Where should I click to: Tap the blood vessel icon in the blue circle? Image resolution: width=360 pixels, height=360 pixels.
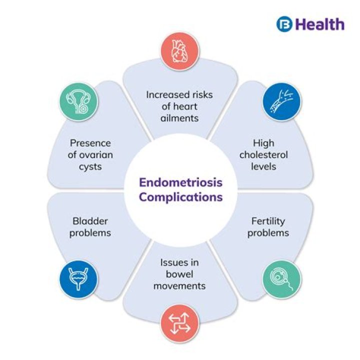pyautogui.click(x=282, y=102)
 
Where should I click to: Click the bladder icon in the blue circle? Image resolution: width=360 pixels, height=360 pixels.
pyautogui.click(x=78, y=277)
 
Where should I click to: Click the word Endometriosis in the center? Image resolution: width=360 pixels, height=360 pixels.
pyautogui.click(x=180, y=182)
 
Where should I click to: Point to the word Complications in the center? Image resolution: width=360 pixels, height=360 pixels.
pyautogui.click(x=180, y=196)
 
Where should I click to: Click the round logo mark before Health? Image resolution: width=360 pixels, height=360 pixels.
pyautogui.click(x=284, y=24)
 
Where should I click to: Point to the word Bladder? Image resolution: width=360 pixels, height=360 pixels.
pyautogui.click(x=90, y=220)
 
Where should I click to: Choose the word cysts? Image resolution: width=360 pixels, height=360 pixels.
pyautogui.click(x=90, y=166)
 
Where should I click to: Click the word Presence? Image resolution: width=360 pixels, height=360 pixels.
pyautogui.click(x=90, y=142)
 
